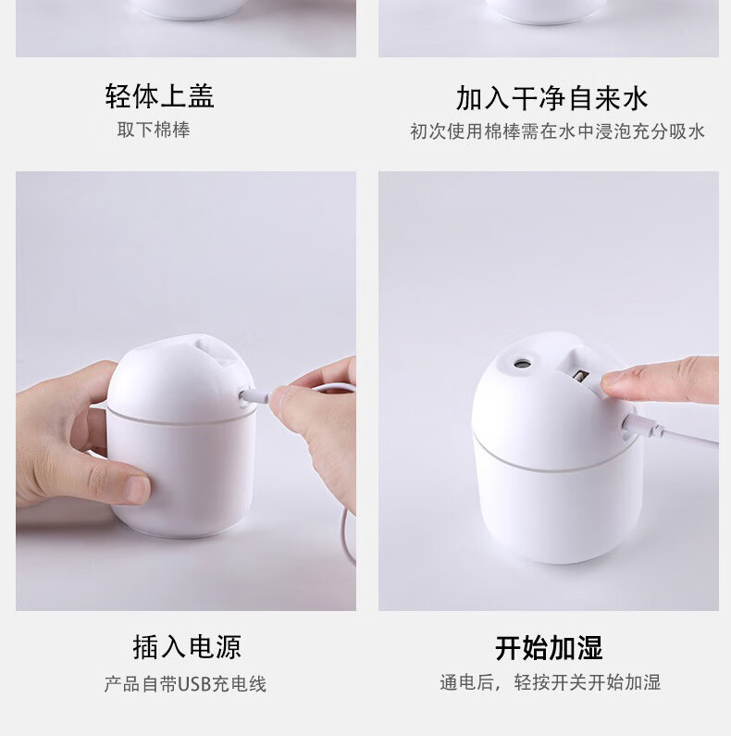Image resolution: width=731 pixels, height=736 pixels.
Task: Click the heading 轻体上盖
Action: tap(159, 96)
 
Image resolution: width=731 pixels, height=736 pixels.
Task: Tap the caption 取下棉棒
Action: tap(154, 130)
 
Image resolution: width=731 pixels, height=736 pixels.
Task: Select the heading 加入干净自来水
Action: tap(551, 98)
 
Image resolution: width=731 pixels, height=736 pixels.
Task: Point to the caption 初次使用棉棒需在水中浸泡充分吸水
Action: tap(557, 131)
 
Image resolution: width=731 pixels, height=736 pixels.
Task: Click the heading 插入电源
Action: tap(187, 647)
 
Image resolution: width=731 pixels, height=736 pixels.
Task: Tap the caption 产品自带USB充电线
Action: tap(185, 684)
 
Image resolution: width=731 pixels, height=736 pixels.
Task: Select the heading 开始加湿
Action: tap(549, 648)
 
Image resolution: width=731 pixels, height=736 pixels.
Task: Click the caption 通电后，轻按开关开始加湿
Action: tap(550, 682)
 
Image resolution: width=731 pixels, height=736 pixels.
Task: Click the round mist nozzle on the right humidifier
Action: tap(522, 363)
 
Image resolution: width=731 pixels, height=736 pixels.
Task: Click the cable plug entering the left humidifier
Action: tap(254, 396)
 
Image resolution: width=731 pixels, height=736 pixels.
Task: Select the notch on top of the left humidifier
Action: tap(214, 350)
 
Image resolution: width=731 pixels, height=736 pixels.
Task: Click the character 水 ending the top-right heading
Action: tap(635, 98)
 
